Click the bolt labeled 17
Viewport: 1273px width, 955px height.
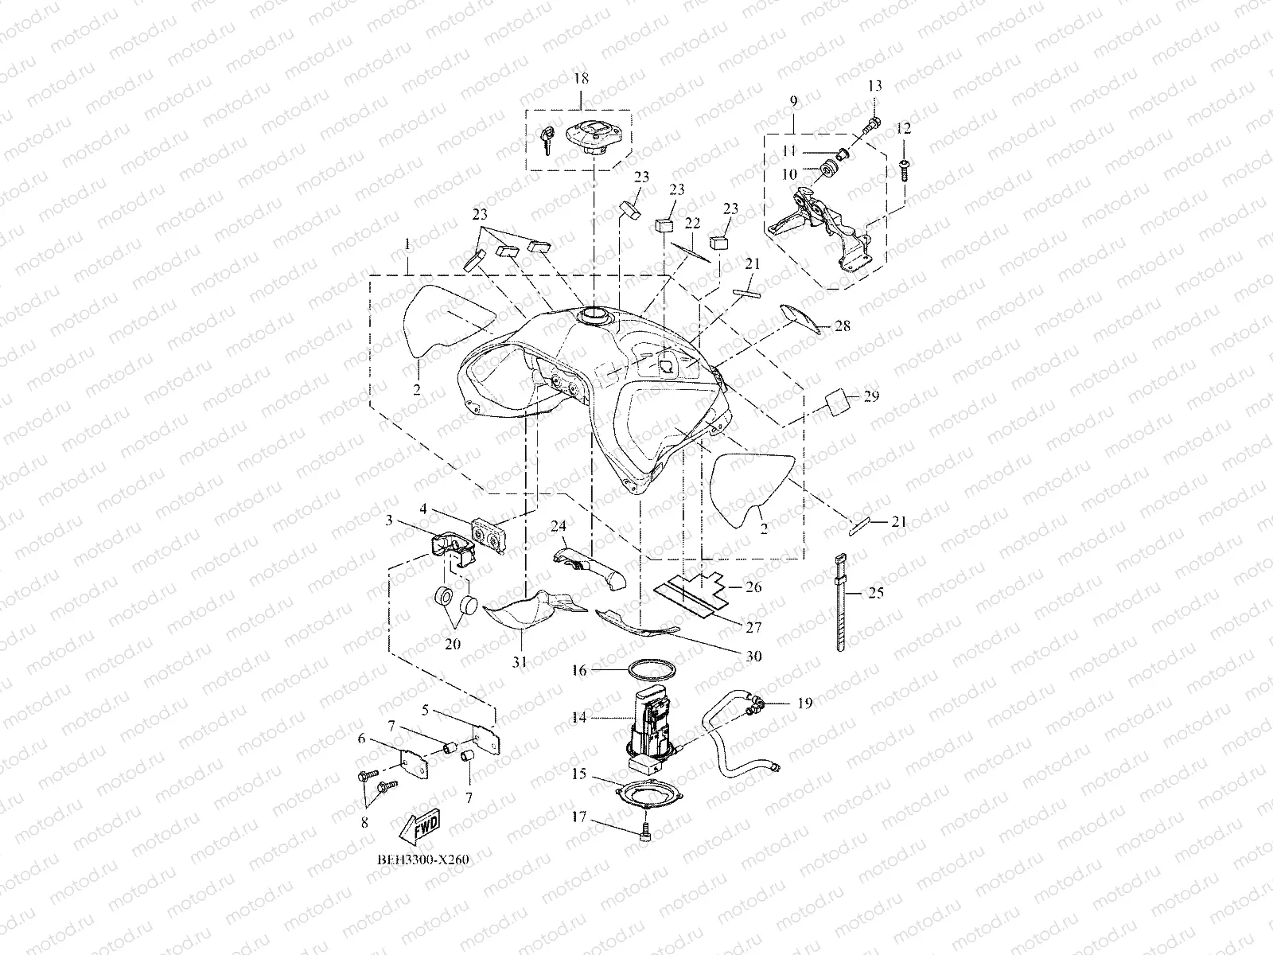(x=644, y=833)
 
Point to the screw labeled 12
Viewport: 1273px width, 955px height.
(x=905, y=169)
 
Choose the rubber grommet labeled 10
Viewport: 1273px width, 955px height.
(x=831, y=169)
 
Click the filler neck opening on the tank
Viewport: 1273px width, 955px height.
(x=594, y=316)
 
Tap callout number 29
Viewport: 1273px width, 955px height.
(x=871, y=396)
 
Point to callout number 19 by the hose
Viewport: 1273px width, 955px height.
(x=804, y=703)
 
